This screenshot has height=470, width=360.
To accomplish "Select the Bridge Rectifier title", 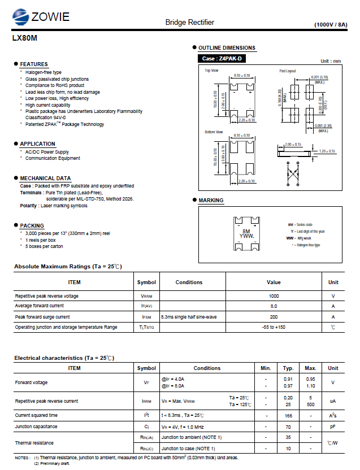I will (x=189, y=22).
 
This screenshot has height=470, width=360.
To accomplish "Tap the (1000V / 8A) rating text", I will (x=334, y=25).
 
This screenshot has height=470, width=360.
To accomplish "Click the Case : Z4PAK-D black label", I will (x=222, y=59).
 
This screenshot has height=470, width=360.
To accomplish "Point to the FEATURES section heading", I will (x=34, y=64).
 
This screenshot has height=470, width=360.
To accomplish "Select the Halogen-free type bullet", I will (x=43, y=73).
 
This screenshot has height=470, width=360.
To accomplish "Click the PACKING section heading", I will (x=32, y=225).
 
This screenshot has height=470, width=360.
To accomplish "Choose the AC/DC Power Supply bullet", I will (x=47, y=152).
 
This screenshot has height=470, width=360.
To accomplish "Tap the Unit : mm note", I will (x=331, y=61).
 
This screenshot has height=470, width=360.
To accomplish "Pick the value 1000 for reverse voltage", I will (x=274, y=296).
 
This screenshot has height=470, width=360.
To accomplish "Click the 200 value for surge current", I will (x=274, y=317).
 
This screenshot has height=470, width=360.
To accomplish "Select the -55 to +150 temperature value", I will (x=274, y=327).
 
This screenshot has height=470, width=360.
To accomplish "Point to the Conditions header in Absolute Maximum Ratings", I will (x=189, y=282).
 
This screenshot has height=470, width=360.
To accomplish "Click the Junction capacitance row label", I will (x=36, y=427).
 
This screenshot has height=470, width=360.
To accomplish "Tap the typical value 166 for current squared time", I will (x=288, y=415).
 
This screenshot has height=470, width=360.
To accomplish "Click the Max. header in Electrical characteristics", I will (x=310, y=368).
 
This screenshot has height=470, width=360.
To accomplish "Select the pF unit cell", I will (x=333, y=427).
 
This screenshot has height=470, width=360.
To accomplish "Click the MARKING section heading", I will (x=211, y=201).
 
